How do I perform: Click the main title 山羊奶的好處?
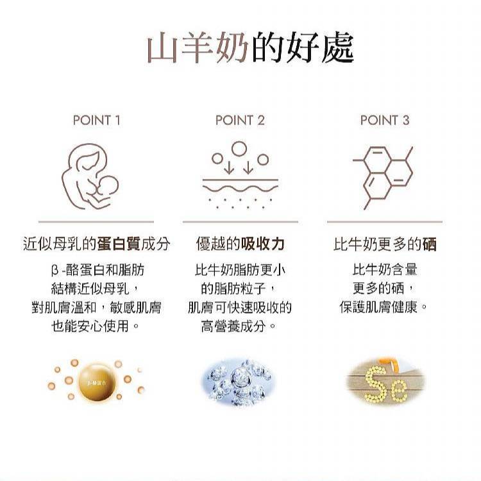tap(250, 49)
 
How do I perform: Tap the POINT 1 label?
tap(96, 120)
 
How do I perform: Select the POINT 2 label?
tap(240, 120)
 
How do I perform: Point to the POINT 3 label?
tap(385, 120)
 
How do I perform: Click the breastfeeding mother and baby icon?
tap(90, 176)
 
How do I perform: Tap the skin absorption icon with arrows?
tap(240, 175)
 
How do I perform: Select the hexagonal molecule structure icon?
tap(383, 178)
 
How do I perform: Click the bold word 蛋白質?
tap(119, 244)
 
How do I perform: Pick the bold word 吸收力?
tap(263, 244)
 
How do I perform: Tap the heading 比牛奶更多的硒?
tap(385, 244)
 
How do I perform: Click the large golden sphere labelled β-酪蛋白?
tap(97, 382)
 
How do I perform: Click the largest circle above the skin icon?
tap(239, 149)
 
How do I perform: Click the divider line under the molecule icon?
tap(385, 221)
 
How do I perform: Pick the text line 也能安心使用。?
tap(96, 326)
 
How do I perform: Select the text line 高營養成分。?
tap(239, 326)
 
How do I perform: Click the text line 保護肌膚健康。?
tap(384, 307)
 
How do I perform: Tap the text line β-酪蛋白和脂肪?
tap(97, 270)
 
